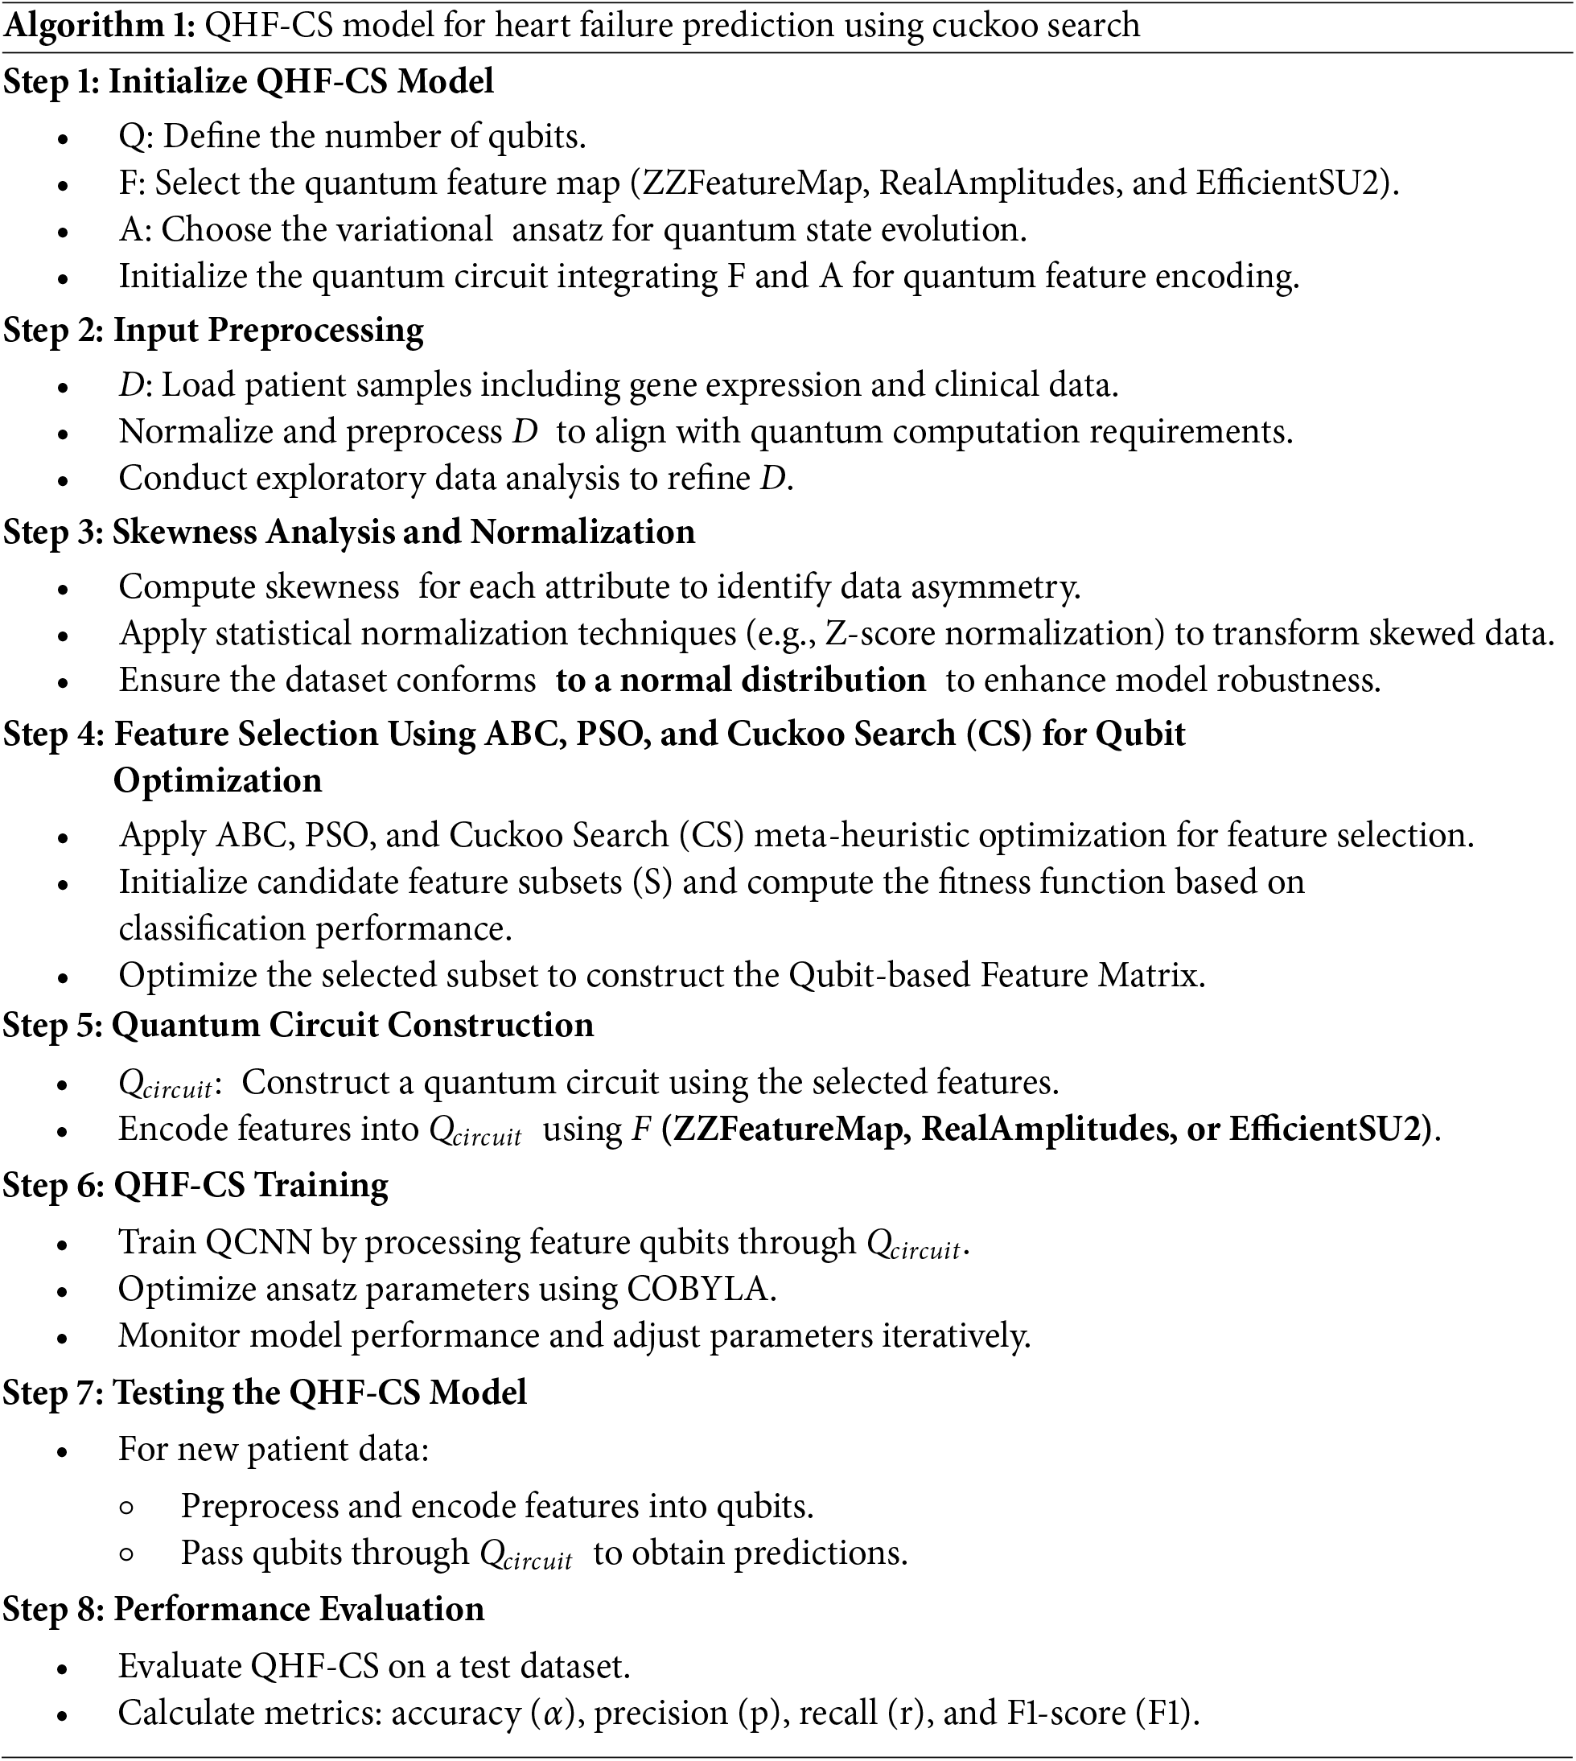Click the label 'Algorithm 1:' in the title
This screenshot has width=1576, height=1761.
click(100, 26)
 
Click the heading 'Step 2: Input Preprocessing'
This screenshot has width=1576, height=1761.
click(213, 331)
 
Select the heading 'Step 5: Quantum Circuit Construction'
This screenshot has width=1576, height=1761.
click(298, 1025)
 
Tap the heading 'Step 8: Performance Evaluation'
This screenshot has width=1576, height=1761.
click(243, 1609)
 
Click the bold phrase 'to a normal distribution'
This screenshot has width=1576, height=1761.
click(740, 681)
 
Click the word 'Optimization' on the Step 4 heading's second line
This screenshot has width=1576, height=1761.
click(217, 781)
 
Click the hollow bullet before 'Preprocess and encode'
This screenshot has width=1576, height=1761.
click(126, 1508)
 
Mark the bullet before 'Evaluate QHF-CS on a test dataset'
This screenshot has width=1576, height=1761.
click(62, 1668)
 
